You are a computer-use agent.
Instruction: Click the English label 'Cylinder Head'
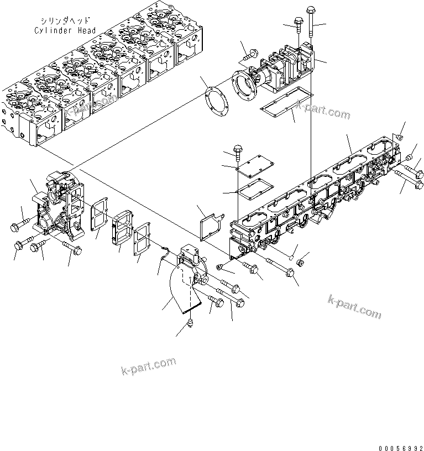(x=65, y=30)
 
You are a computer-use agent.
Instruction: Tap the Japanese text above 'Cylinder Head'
(x=65, y=22)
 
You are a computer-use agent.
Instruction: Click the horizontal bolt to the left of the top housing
(x=249, y=54)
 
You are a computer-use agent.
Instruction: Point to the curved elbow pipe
(x=180, y=293)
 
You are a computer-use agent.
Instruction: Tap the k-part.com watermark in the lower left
(x=148, y=365)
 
